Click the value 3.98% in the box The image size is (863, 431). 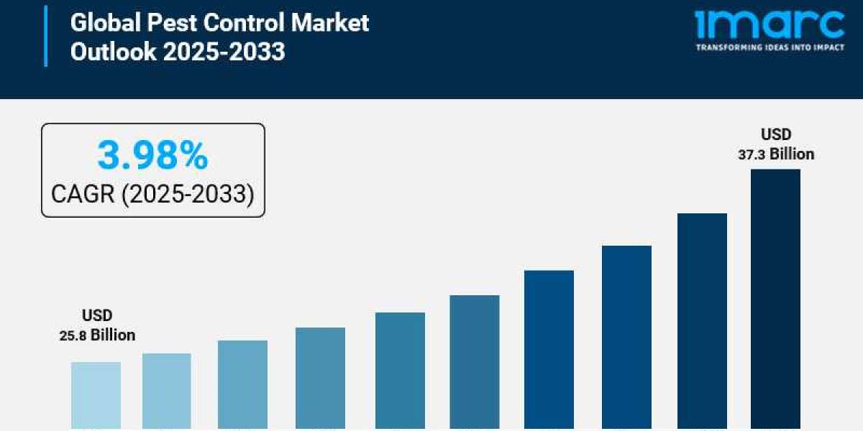(152, 156)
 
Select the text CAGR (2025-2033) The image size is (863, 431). (152, 193)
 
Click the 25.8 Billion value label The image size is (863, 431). (97, 335)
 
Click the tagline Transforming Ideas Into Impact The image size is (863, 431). (770, 47)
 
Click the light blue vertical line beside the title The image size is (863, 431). (46, 36)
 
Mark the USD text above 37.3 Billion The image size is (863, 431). (777, 134)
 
